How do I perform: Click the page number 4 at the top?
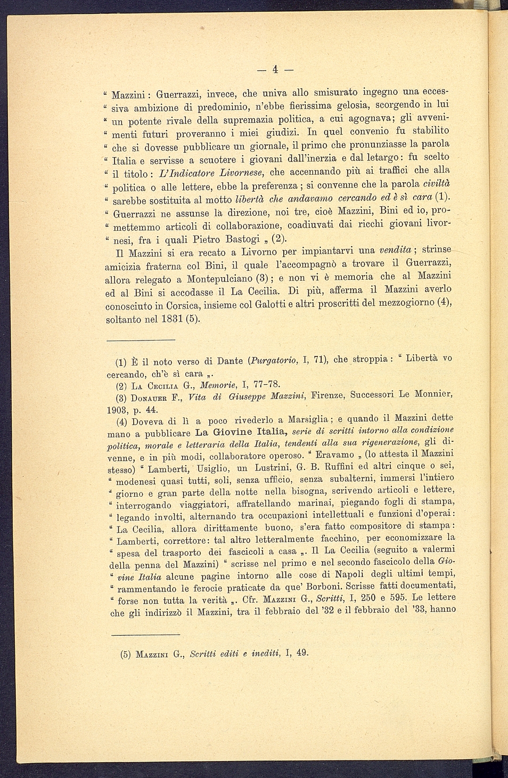(x=275, y=69)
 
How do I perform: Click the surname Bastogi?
(x=243, y=238)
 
